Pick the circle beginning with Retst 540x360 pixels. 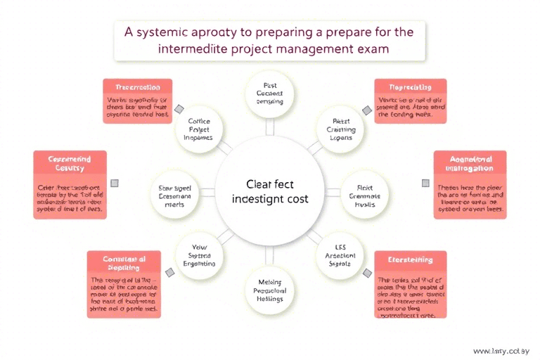(341, 129)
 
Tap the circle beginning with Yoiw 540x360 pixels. (200, 256)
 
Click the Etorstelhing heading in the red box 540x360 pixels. (410, 260)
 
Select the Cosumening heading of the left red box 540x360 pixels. (70, 164)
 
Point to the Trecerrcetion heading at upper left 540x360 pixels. (137, 86)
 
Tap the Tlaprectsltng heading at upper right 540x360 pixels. (410, 86)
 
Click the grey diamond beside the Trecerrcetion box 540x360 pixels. (179, 109)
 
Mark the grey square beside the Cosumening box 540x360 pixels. (115, 183)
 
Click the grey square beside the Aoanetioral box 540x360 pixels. (425, 183)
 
